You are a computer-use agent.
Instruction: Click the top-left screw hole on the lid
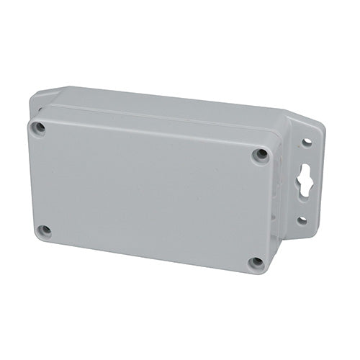40,128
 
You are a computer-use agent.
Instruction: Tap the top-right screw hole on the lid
260,154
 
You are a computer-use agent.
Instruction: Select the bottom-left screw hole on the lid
45,231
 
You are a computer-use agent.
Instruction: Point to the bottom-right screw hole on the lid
256,262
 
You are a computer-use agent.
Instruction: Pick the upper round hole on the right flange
307,143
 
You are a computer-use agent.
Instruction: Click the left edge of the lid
30,180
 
